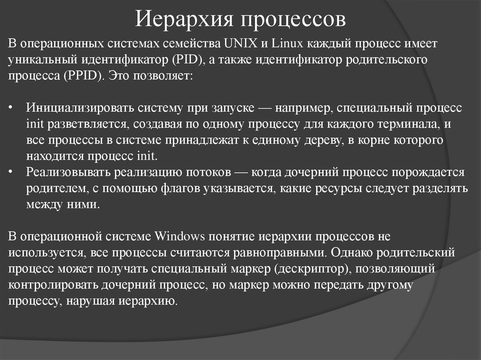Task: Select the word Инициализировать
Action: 80,108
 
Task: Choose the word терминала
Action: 411,124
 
